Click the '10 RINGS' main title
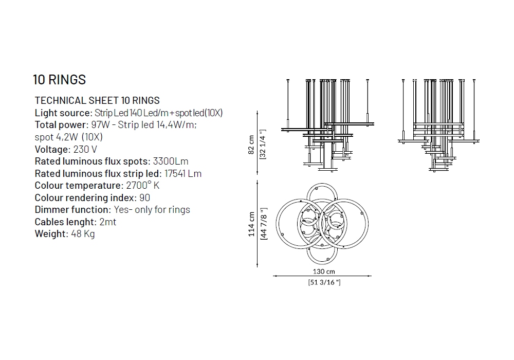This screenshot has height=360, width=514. pos(59,80)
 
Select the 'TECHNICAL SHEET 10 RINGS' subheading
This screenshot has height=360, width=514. pos(97,100)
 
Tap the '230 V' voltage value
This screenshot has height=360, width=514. pos(85,149)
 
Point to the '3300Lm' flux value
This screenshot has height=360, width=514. pos(171,161)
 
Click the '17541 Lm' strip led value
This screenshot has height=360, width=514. pos(183,173)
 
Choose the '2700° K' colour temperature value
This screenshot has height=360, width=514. pos(142,185)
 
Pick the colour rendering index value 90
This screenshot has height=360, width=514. pos(144,197)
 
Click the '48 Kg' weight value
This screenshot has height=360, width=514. pos(83,234)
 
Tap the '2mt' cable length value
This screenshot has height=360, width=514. pos(108,222)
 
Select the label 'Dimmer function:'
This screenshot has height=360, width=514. pos(73,209)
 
